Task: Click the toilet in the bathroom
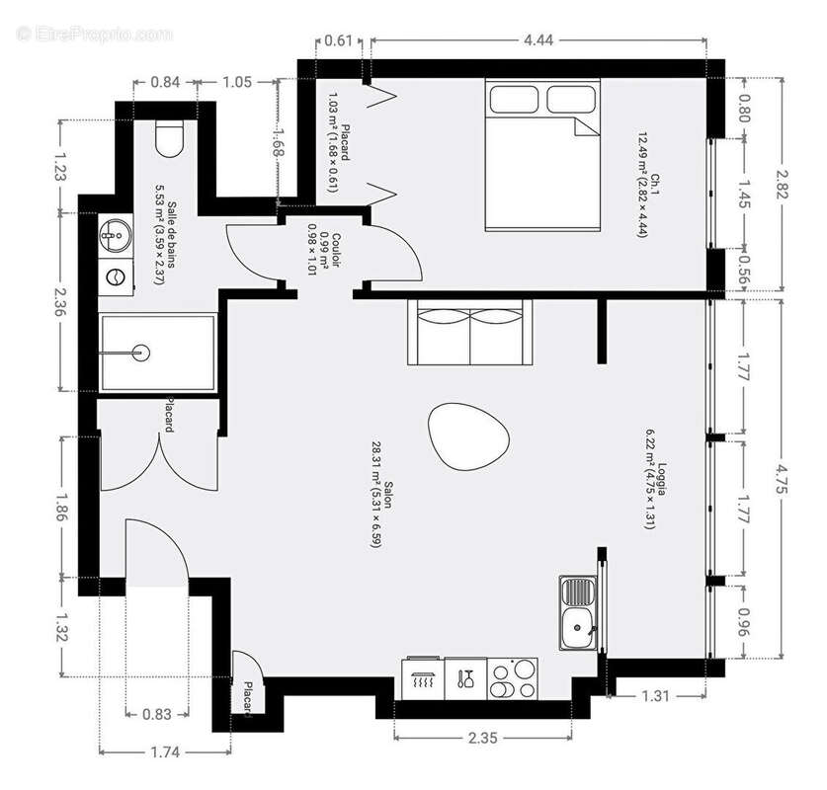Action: point(171,139)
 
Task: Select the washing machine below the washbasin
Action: point(117,276)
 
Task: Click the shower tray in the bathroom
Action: point(157,352)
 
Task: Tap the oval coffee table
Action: point(470,436)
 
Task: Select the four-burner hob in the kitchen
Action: point(514,678)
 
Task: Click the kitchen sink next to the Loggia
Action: point(578,613)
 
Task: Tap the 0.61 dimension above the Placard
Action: point(338,40)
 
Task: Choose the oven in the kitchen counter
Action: point(424,678)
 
